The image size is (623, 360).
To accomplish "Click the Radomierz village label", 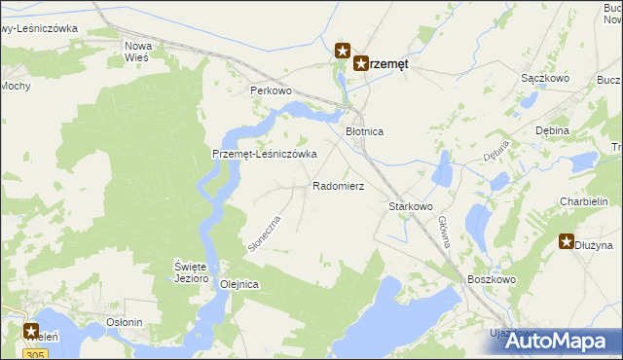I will point(338,185).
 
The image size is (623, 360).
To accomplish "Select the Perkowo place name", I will point(271,90).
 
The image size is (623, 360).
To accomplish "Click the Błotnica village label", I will point(367,130).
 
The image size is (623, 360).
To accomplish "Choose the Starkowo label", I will point(410,207).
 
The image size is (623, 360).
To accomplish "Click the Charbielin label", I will point(584,201).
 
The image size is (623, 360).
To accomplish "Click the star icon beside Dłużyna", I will point(568,241).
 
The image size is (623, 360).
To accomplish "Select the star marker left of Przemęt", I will point(342,50).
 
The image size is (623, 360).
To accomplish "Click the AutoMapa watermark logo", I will point(557,340).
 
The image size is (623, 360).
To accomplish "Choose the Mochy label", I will point(15,86).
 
